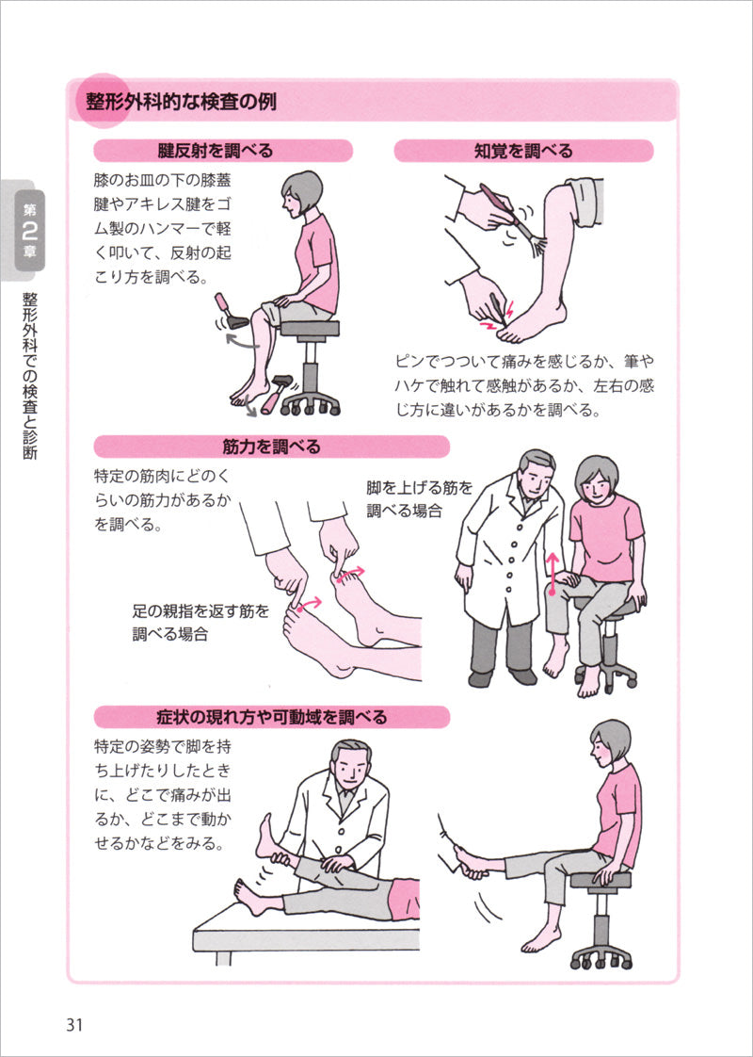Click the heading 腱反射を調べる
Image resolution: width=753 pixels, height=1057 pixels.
pyautogui.click(x=216, y=151)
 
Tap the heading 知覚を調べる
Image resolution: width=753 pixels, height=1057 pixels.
pyautogui.click(x=523, y=151)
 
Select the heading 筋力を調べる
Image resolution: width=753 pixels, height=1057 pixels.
pyautogui.click(x=271, y=447)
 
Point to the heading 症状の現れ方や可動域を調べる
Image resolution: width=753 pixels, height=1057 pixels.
pyautogui.click(x=271, y=717)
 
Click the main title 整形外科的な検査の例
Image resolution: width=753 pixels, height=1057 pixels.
pyautogui.click(x=181, y=103)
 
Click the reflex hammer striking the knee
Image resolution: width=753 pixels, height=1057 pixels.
pyautogui.click(x=231, y=312)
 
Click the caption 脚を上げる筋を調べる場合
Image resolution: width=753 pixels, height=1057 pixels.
pyautogui.click(x=420, y=499)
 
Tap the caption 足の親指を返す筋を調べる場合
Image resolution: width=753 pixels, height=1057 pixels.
pyautogui.click(x=200, y=622)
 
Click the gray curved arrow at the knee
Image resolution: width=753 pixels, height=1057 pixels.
pyautogui.click(x=243, y=344)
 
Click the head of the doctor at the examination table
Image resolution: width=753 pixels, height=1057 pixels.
pyautogui.click(x=349, y=767)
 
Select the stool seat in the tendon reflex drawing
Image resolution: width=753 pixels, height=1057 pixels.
pyautogui.click(x=310, y=328)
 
